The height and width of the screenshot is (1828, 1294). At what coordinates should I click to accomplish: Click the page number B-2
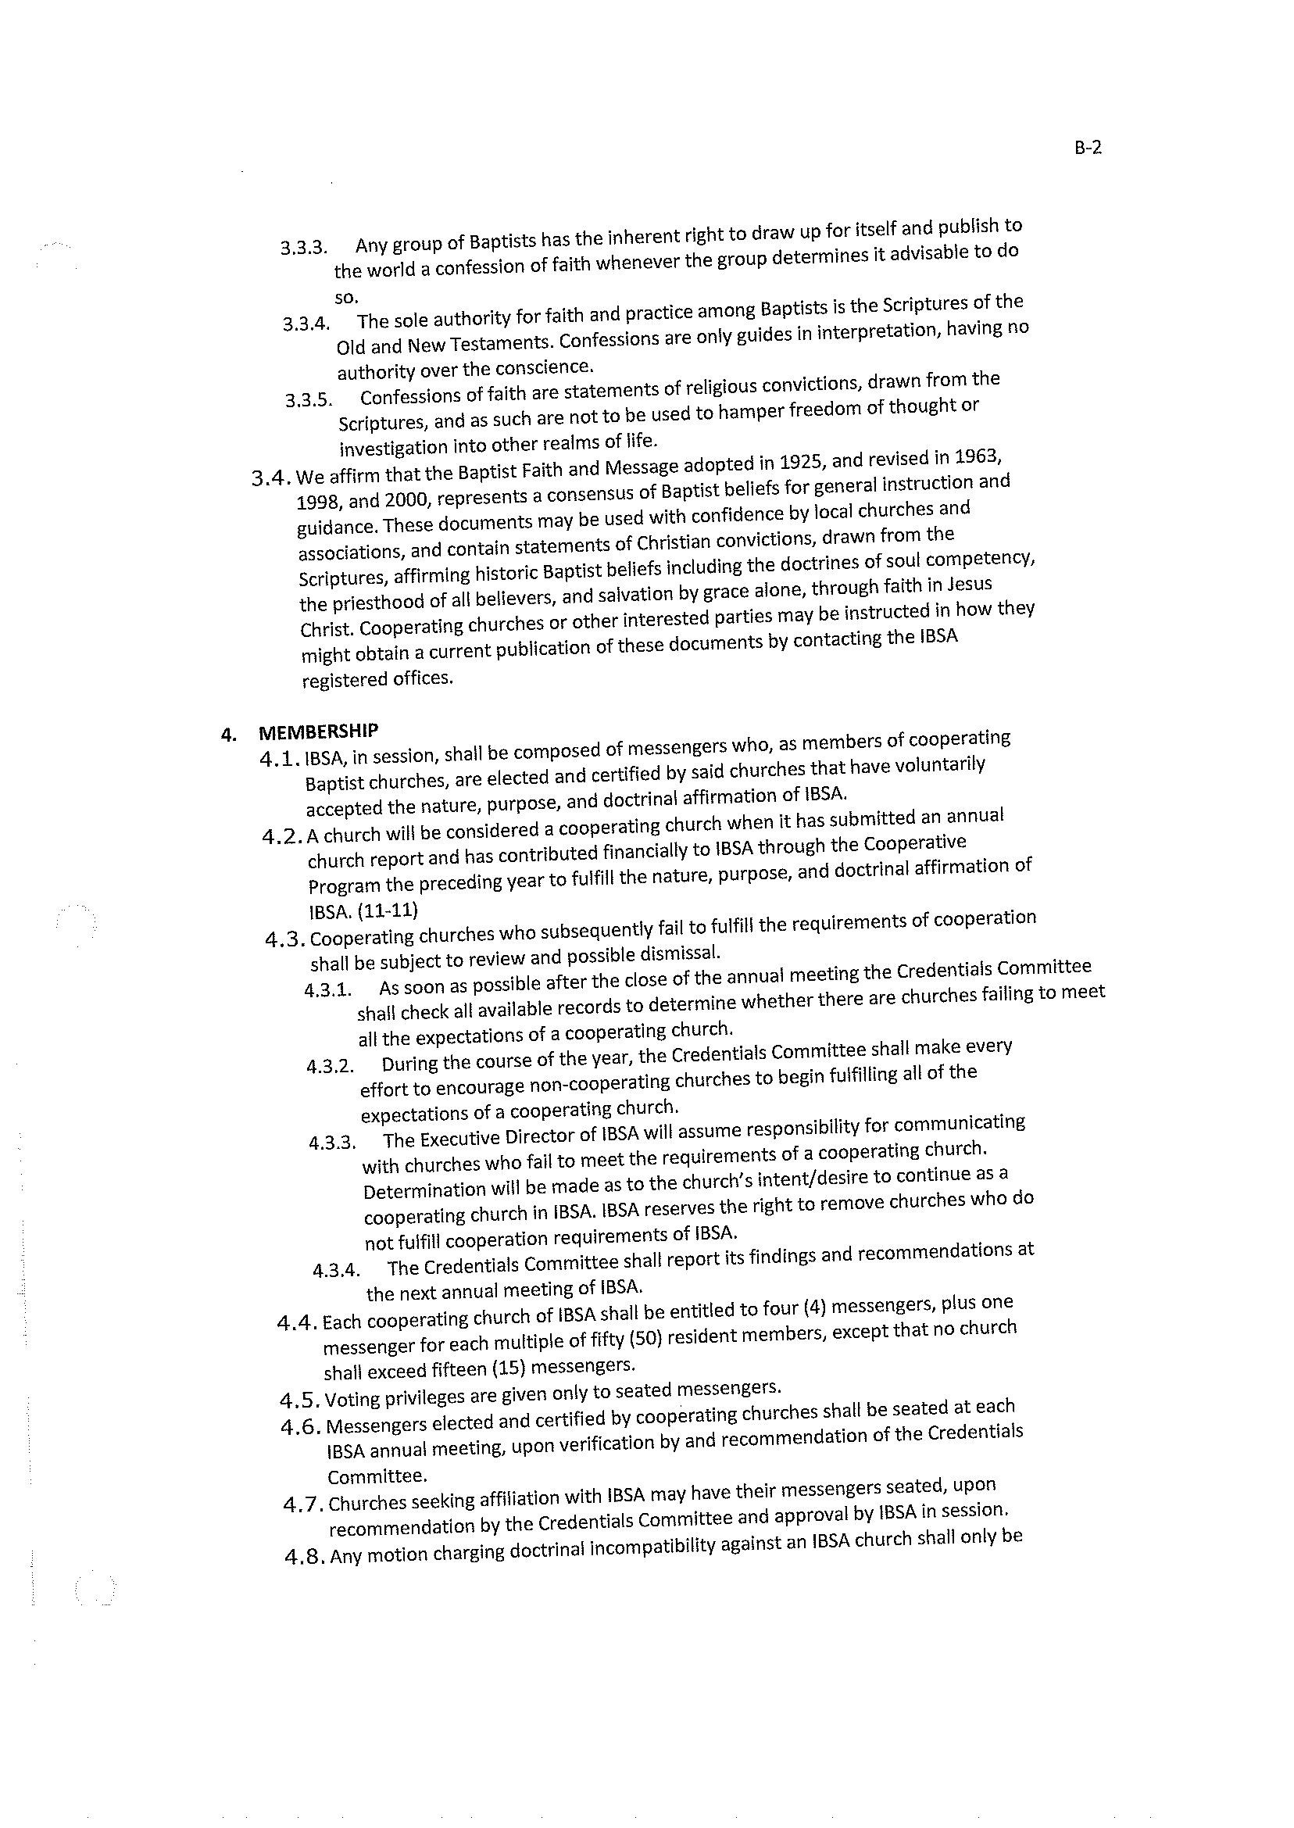[1087, 148]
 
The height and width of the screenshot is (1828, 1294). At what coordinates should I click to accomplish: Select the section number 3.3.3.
[304, 248]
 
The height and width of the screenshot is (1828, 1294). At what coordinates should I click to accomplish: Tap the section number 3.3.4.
[306, 324]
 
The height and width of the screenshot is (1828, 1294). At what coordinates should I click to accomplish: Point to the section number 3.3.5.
[309, 399]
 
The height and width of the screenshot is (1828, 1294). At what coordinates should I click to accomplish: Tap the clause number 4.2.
[283, 837]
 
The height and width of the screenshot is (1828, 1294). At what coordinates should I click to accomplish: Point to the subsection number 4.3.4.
[336, 1270]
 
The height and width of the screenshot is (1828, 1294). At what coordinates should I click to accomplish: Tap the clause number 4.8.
[306, 1556]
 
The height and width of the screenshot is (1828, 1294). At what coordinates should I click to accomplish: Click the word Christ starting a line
[324, 628]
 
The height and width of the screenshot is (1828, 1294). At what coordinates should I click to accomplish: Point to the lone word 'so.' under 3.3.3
[347, 296]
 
